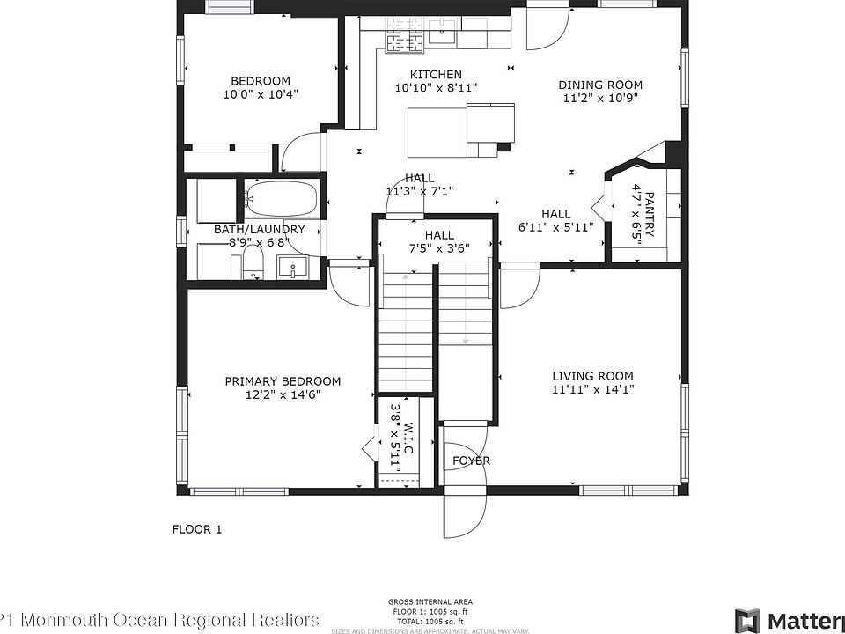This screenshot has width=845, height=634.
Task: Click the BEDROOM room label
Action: click(x=261, y=81)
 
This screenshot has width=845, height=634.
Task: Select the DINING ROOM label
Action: click(x=600, y=85)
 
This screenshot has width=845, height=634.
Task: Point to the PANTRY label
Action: click(x=650, y=214)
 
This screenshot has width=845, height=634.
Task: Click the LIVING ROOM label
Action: click(x=592, y=376)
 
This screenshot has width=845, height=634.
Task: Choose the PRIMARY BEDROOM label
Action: click(x=283, y=381)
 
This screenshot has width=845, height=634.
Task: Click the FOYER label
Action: click(x=471, y=461)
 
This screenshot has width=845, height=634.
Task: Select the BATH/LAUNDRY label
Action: click(x=260, y=230)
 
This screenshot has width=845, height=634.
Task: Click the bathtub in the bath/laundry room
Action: click(x=282, y=198)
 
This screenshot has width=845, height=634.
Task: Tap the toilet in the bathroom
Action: click(x=253, y=262)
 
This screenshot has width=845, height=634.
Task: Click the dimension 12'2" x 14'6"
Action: click(x=283, y=395)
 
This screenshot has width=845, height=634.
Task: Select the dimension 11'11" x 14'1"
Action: click(x=592, y=389)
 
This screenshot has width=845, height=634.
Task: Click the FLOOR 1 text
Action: click(x=196, y=529)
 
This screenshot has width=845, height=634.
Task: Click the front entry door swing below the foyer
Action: click(x=465, y=515)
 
